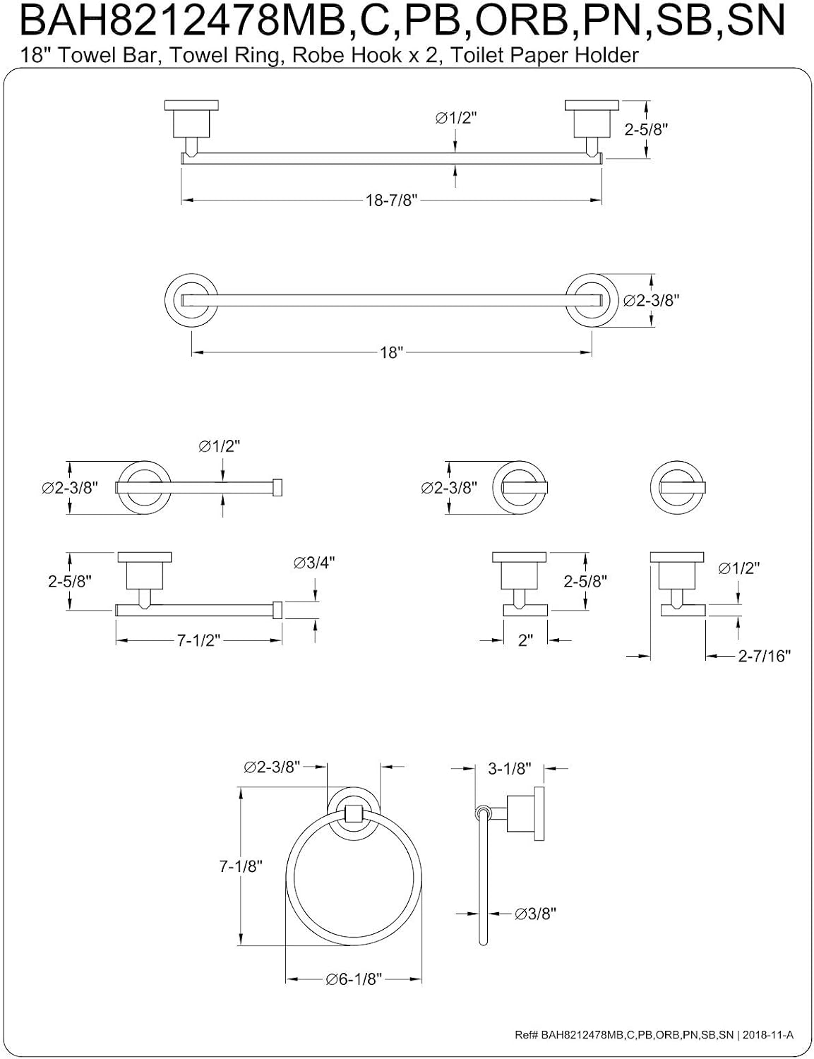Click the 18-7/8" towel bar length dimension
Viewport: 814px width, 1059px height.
pos(392,201)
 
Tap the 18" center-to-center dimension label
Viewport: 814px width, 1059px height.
pos(392,353)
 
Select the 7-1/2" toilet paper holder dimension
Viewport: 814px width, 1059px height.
pos(199,640)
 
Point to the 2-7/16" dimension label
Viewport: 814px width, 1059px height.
pos(764,657)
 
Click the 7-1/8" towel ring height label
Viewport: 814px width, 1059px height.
pos(241,866)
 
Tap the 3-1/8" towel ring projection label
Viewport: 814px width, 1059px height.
pos(510,769)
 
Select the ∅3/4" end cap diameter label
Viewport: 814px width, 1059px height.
pos(314,563)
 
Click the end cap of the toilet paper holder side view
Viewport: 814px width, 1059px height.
pos(277,610)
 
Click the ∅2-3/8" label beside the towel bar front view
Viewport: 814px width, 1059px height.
pos(652,301)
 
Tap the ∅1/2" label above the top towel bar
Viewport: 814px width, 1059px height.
pos(455,119)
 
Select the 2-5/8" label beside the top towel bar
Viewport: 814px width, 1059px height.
pos(647,130)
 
